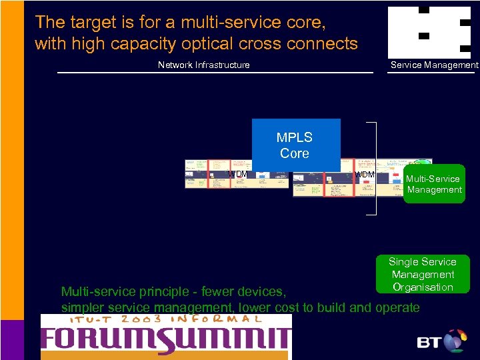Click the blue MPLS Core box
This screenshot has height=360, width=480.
(x=295, y=145)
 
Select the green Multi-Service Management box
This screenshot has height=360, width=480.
(x=434, y=184)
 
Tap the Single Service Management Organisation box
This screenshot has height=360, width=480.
(x=422, y=274)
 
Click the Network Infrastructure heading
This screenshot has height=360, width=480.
(x=203, y=65)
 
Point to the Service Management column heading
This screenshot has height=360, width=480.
(x=434, y=65)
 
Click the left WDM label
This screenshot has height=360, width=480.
(x=237, y=175)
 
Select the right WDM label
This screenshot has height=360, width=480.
(x=364, y=175)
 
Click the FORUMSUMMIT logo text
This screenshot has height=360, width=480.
(x=167, y=339)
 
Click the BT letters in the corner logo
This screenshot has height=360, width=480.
(x=430, y=343)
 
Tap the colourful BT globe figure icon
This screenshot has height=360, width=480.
(x=455, y=339)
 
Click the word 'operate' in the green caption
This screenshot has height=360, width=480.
(x=398, y=307)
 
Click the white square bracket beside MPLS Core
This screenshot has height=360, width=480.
(x=374, y=169)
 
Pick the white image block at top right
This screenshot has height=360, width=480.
(x=430, y=32)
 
